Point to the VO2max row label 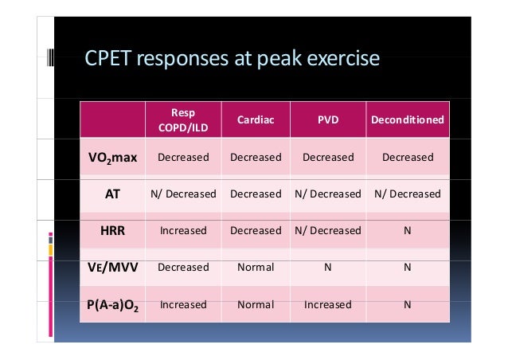tap(111, 157)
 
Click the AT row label tap(111, 194)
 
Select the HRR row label tap(111, 230)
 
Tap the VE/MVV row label tap(111, 267)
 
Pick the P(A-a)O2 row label tap(111, 304)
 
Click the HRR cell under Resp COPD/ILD tap(183, 230)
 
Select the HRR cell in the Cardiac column tap(256, 230)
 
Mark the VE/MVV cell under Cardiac tap(256, 267)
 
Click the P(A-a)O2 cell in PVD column tap(328, 304)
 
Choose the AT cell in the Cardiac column tap(256, 194)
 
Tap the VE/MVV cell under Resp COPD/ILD tap(183, 267)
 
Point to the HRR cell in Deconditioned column tap(407, 230)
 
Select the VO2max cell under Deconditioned tap(407, 157)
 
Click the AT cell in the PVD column tap(328, 194)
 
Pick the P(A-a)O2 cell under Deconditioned tap(407, 304)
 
